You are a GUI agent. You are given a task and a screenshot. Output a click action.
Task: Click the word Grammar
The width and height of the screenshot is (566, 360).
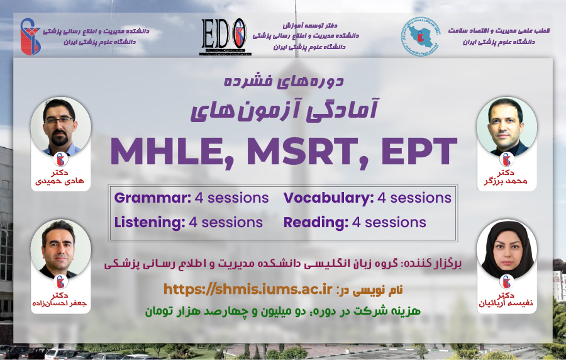coord(152,198)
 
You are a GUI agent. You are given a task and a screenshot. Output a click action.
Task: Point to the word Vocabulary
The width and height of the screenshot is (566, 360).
coord(328,198)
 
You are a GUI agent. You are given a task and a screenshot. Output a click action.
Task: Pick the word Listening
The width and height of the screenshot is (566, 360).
coord(150,222)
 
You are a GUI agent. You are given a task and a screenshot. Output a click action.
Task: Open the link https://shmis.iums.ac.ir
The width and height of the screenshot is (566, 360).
coord(248,290)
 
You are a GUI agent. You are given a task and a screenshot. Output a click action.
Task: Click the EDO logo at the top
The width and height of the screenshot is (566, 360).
coord(223,37)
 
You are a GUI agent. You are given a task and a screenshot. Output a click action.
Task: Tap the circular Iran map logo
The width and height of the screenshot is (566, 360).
coord(420,37)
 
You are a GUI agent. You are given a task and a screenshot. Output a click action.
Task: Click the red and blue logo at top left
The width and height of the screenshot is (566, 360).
coord(30,37)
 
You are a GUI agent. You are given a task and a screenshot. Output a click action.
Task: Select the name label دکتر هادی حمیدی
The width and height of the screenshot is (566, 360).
coord(60,177)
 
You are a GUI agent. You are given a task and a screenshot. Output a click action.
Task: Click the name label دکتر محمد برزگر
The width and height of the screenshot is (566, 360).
coord(506,177)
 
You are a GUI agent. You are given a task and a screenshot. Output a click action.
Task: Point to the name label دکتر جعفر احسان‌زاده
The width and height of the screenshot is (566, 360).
coord(60,300)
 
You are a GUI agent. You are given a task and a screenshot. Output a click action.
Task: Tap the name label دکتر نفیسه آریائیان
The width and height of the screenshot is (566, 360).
coord(506,300)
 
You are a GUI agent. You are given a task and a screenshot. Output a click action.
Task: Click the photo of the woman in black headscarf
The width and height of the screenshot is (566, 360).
coord(506,249)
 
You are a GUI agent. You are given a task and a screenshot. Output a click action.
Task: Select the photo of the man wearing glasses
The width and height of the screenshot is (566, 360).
coord(60,127)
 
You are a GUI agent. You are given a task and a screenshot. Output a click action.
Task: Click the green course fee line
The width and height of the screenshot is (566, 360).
coord(282,311)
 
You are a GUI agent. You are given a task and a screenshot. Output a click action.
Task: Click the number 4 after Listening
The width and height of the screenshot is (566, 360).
coord(193,223)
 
